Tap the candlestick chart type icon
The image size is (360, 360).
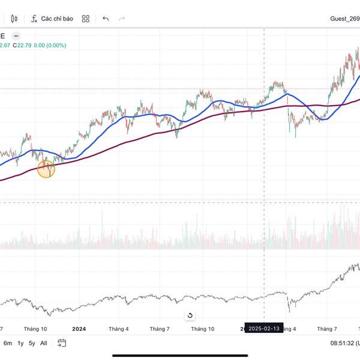(x=14, y=19)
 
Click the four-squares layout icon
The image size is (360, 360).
(x=86, y=19)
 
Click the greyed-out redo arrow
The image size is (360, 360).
(x=122, y=19)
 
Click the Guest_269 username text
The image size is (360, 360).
(x=345, y=19)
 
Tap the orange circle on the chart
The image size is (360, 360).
(x=46, y=169)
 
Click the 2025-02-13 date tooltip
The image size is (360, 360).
(x=265, y=329)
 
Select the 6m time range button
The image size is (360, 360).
(x=8, y=343)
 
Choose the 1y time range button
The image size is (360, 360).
(x=20, y=343)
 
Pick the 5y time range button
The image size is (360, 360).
(x=32, y=343)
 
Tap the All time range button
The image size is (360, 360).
(x=44, y=343)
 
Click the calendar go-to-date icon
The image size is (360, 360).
(x=62, y=343)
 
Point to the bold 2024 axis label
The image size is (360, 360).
(x=79, y=329)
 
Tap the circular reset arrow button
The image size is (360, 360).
(x=190, y=316)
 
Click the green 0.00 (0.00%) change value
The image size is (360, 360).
(x=50, y=45)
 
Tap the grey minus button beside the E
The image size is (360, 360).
(x=16, y=35)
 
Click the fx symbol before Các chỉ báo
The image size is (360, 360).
(x=35, y=19)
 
